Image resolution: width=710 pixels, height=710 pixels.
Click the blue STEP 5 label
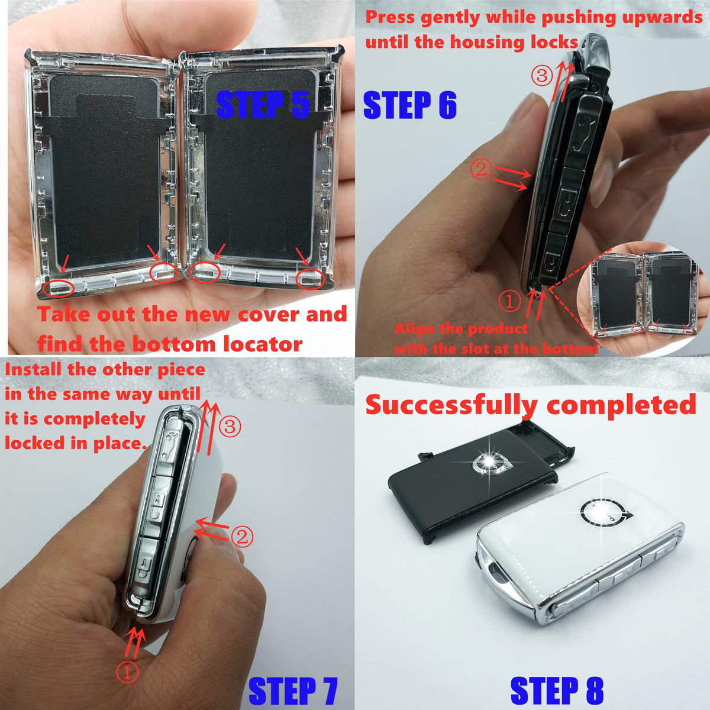[262, 105]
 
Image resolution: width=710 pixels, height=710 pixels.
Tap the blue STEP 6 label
[409, 105]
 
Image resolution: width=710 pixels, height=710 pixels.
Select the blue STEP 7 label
[293, 690]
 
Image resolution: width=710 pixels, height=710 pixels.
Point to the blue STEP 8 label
[557, 690]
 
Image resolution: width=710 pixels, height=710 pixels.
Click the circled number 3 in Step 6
[542, 76]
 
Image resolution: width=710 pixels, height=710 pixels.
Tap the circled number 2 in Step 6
[481, 169]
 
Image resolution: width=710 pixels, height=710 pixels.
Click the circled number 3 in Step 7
[230, 427]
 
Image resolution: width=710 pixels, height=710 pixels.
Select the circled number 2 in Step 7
[242, 537]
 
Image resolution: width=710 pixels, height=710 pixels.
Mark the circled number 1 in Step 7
[127, 672]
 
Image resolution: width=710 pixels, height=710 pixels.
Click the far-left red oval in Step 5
[58, 289]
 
